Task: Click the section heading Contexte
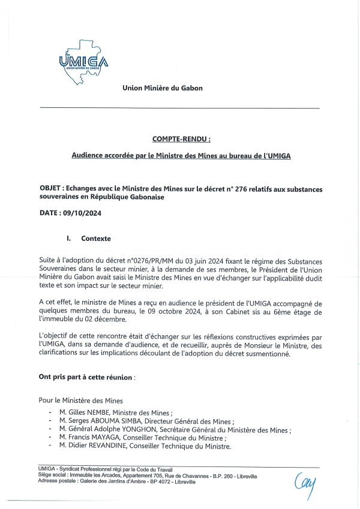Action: [x=96, y=239]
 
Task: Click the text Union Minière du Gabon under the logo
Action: [x=163, y=88]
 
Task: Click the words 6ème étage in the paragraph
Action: [x=282, y=312]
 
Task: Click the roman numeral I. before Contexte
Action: [x=69, y=239]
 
